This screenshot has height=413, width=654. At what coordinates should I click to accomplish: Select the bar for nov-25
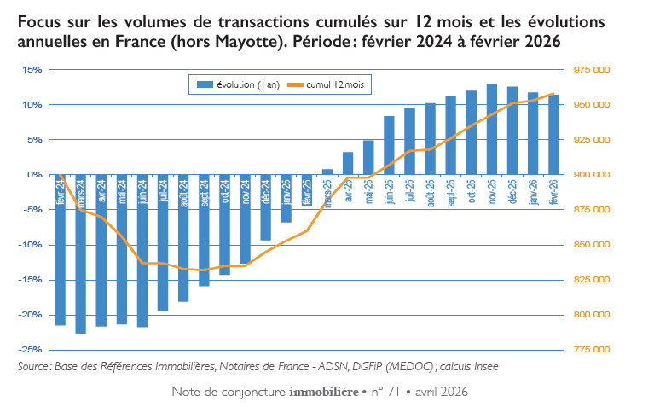pos(492,129)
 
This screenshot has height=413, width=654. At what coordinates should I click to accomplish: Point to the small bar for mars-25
pos(327,172)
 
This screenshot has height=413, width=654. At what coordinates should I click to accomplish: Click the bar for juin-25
pos(389,145)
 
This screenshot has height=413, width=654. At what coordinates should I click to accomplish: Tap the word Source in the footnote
pos(34,366)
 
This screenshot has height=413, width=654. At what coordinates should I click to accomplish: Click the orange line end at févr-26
pos(554,94)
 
